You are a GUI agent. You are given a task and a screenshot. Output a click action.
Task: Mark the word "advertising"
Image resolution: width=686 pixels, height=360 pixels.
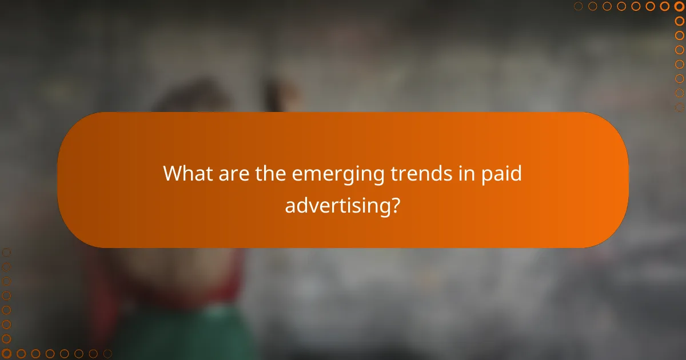click(336, 205)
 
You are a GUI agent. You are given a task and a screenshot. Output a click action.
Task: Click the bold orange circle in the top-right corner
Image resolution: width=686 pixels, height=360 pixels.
click(679, 6)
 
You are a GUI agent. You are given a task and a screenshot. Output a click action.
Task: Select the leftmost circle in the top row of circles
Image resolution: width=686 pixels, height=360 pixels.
click(579, 6)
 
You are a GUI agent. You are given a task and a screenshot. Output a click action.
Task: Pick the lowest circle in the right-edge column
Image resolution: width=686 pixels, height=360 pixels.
click(680, 107)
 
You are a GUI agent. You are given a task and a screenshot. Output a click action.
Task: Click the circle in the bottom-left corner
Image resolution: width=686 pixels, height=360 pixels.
click(6, 354)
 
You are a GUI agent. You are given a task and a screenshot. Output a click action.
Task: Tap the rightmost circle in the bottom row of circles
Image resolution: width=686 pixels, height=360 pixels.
click(107, 354)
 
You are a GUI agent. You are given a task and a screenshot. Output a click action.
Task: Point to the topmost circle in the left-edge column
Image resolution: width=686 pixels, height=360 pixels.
click(6, 252)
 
